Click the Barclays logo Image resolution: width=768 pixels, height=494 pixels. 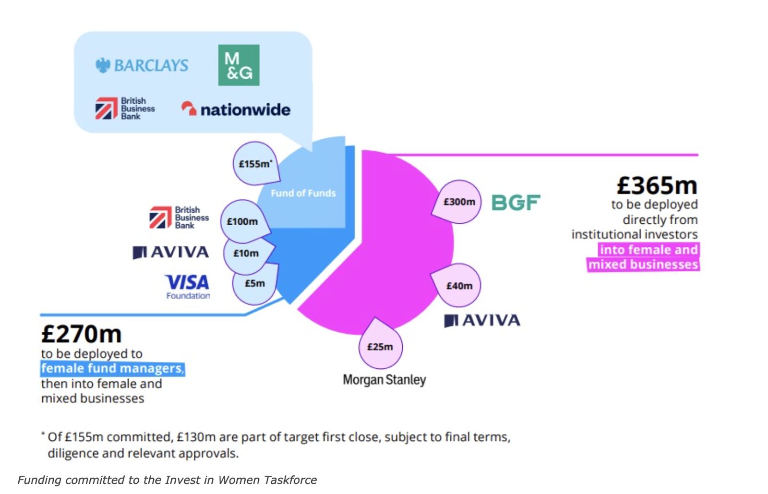pyautogui.click(x=142, y=65)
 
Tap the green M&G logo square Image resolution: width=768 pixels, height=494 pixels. pyautogui.click(x=239, y=65)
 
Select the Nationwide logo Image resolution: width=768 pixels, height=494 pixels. pyautogui.click(x=236, y=109)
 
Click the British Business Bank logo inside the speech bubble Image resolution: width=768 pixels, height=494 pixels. pyautogui.click(x=125, y=108)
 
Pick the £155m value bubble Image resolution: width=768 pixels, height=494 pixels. pyautogui.click(x=256, y=164)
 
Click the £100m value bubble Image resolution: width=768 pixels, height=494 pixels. pyautogui.click(x=242, y=221)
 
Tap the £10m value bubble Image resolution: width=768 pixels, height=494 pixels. pyautogui.click(x=246, y=253)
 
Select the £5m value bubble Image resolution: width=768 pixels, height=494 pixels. pyautogui.click(x=254, y=284)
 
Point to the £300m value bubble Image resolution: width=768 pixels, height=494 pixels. pyautogui.click(x=459, y=202)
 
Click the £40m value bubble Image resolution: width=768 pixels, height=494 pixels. pyautogui.click(x=459, y=286)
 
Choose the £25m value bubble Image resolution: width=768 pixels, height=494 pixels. pyautogui.click(x=380, y=347)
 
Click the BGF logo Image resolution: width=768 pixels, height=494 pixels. pyautogui.click(x=516, y=203)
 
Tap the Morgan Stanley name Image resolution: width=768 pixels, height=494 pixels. pyautogui.click(x=384, y=380)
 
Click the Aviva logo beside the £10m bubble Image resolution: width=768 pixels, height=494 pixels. pyautogui.click(x=170, y=252)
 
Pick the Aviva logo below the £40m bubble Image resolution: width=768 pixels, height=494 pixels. pyautogui.click(x=482, y=320)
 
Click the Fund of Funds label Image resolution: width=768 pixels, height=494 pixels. pyautogui.click(x=303, y=193)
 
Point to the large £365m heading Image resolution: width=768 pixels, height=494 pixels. pyautogui.click(x=657, y=185)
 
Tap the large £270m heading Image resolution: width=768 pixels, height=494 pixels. pyautogui.click(x=82, y=334)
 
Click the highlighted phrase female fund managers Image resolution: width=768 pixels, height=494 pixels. pyautogui.click(x=112, y=368)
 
